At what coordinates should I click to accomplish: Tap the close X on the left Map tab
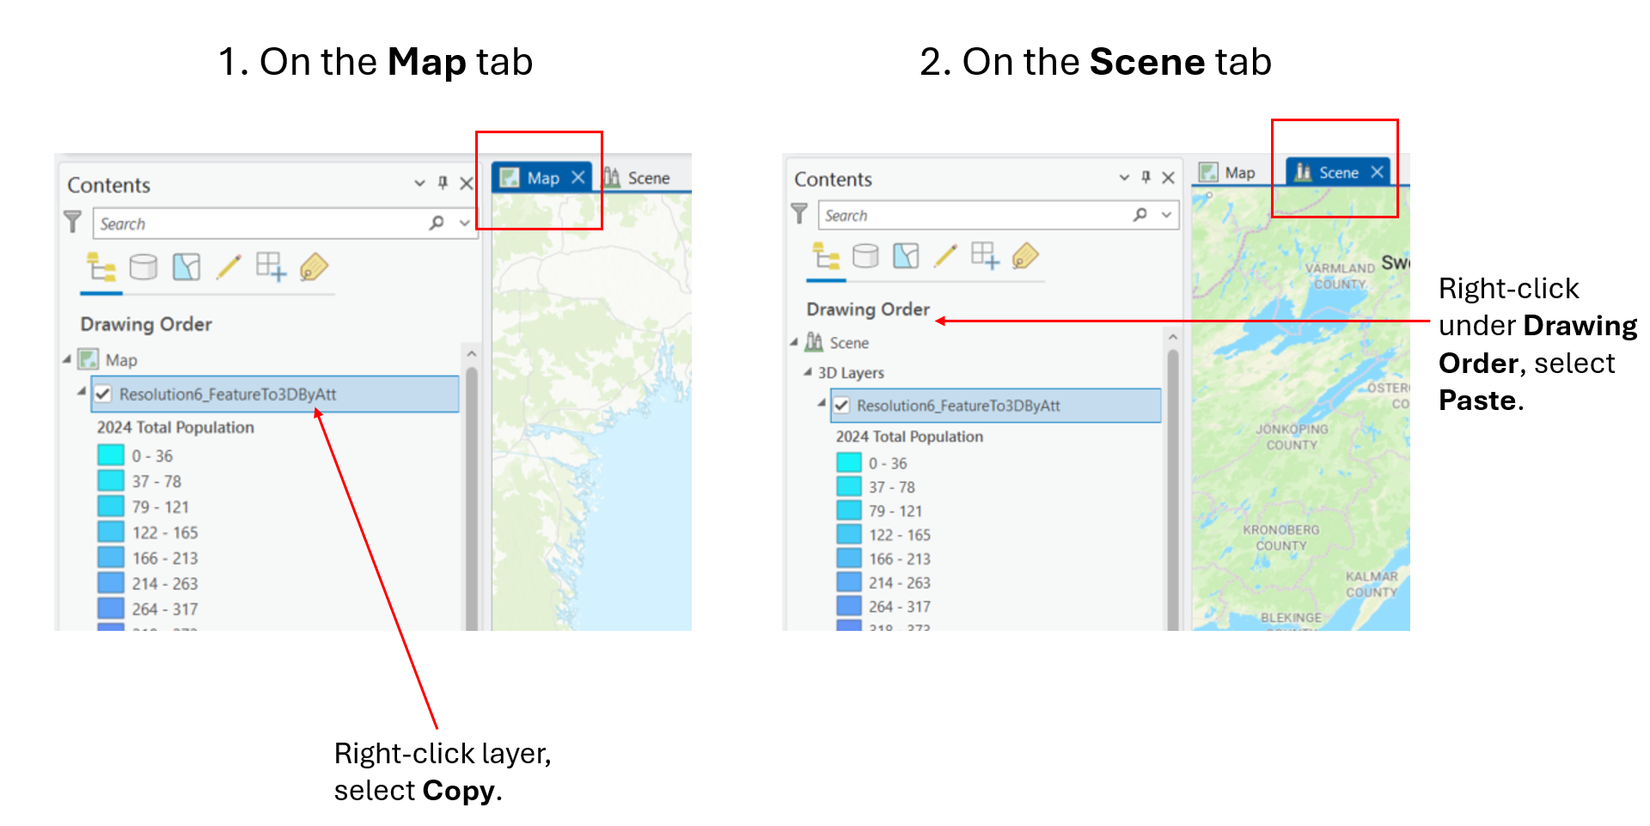(x=578, y=178)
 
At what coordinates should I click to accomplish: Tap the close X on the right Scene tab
(x=1378, y=172)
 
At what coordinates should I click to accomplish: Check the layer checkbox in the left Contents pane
(x=103, y=394)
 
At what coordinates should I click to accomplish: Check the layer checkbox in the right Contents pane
(x=841, y=406)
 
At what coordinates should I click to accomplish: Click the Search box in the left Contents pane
(x=258, y=223)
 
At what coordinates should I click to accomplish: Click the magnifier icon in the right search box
(x=1140, y=215)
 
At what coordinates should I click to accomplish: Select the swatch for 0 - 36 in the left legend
(x=111, y=455)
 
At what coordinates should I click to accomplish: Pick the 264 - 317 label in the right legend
(x=899, y=607)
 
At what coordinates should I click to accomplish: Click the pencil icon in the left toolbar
(x=229, y=266)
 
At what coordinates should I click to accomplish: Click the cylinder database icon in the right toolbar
(x=865, y=255)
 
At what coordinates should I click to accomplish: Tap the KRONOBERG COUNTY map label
(x=1280, y=537)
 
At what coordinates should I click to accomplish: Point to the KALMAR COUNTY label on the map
(x=1372, y=584)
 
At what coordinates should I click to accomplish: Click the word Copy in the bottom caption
(x=458, y=791)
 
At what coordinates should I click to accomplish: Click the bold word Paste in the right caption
(x=1476, y=401)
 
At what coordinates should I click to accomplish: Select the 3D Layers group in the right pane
(x=850, y=373)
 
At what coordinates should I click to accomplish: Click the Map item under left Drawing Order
(x=120, y=360)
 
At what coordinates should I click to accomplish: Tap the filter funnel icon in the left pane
(x=73, y=222)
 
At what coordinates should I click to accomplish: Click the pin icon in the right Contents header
(x=1146, y=177)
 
